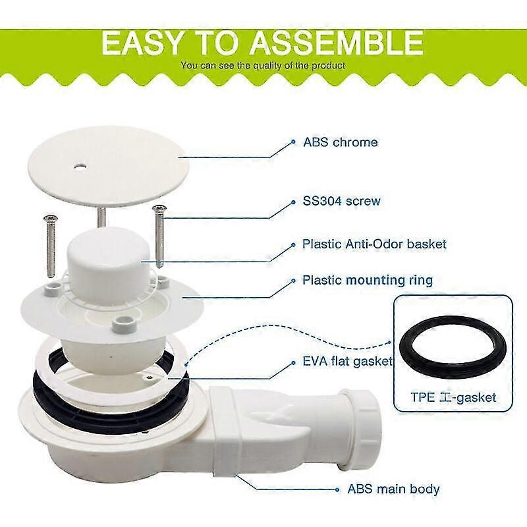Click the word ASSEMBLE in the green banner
coord(336,43)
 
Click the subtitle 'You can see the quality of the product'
coord(263,65)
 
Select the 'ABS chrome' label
coord(340,142)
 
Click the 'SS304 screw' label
coord(341,201)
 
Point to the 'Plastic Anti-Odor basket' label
coord(374,244)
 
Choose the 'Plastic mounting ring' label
coord(368,281)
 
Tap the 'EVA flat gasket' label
coord(347,361)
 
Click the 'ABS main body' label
coord(393,489)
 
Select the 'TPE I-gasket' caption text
coord(453,397)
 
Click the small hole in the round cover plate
coord(80,167)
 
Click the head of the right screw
coord(159,208)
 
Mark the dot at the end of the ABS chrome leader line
coord(293,142)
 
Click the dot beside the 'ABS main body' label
coord(337,489)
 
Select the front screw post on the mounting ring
coord(124,323)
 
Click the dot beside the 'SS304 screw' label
coord(293,202)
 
